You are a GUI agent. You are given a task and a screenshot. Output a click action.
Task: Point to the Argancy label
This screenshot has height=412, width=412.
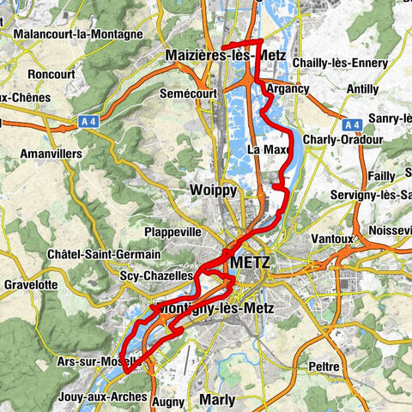click(x=287, y=88)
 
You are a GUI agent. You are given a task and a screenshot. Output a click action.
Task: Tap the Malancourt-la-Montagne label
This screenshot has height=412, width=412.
click(x=78, y=33)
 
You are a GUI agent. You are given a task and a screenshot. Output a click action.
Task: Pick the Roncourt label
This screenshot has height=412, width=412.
click(x=52, y=74)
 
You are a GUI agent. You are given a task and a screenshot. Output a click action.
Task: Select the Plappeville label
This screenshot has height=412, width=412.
click(x=173, y=232)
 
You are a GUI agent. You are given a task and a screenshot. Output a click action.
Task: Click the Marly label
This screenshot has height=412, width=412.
click(x=216, y=399)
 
